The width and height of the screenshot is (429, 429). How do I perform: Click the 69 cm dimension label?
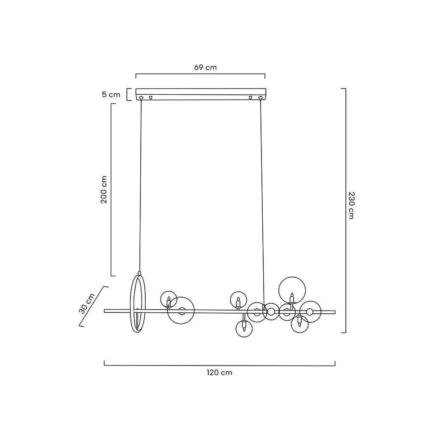click(x=205, y=67)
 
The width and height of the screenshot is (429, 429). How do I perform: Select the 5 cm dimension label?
click(x=111, y=95)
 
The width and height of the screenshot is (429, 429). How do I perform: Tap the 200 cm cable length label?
click(x=104, y=189)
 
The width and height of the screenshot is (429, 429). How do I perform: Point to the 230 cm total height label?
click(x=351, y=206)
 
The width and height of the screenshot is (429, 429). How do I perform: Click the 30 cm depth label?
click(x=87, y=303)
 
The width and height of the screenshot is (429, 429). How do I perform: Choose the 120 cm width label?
click(x=219, y=372)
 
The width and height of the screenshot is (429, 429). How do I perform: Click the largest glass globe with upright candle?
click(x=292, y=290)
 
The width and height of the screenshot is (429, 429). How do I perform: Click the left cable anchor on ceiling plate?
click(x=141, y=97)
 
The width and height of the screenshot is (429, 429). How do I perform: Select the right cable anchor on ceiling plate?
click(x=260, y=97)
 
